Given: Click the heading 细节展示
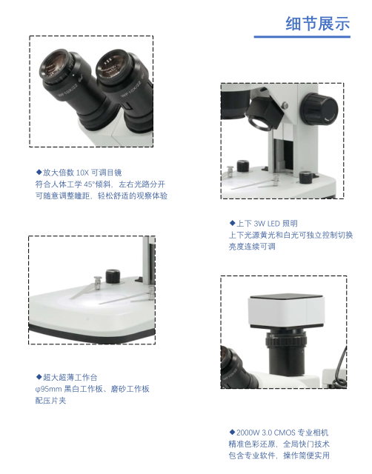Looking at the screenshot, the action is click(318, 24).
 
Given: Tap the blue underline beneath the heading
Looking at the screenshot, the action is click(302, 37).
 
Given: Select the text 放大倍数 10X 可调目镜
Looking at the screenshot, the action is click(82, 173).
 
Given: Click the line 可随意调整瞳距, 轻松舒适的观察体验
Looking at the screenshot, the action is click(102, 196).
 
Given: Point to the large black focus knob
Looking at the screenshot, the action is click(320, 109).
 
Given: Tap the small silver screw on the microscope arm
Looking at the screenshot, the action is click(285, 105).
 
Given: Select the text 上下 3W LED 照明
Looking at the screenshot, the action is click(267, 224).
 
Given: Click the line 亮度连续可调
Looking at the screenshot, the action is click(252, 247).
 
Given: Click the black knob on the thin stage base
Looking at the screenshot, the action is click(113, 276).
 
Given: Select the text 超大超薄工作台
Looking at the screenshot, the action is click(70, 377).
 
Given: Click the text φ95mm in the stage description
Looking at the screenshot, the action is click(48, 389).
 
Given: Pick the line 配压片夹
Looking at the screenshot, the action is click(50, 401).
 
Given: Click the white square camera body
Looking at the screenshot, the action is click(285, 311).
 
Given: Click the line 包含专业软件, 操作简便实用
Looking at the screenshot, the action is click(279, 455).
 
